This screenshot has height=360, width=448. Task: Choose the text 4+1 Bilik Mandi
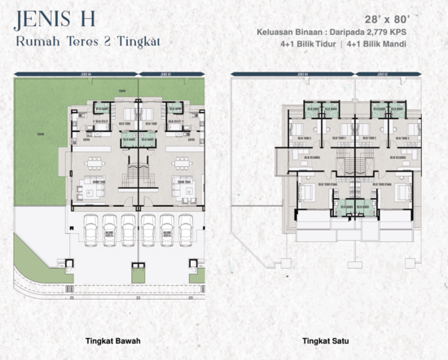(376, 45)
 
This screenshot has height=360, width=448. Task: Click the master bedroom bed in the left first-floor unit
(306, 195)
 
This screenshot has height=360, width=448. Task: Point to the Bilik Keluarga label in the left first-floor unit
(308, 157)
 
